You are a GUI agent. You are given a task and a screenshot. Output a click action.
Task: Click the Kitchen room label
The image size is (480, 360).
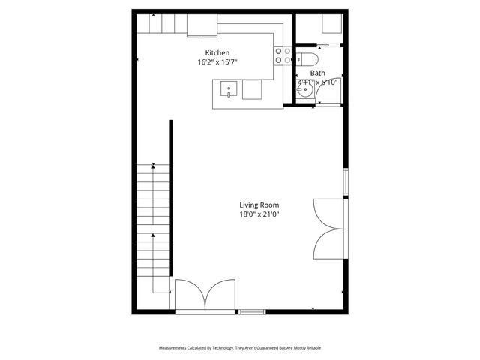point(217,52)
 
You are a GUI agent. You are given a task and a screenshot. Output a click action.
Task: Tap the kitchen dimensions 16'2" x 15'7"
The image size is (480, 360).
point(217,62)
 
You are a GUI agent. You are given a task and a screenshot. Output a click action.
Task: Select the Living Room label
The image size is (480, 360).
point(259,205)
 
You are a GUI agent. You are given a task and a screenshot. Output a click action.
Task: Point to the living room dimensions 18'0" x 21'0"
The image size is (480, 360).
point(259,214)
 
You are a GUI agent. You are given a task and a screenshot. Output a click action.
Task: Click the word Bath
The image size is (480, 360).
point(317,73)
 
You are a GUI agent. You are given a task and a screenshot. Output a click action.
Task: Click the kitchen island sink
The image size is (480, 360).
point(229,91)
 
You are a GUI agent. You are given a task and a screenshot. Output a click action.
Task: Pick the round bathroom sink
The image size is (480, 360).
point(304,91)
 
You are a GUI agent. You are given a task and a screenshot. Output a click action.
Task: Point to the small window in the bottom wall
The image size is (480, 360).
point(252,310)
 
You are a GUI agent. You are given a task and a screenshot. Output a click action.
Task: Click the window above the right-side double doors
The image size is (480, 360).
point(345,182)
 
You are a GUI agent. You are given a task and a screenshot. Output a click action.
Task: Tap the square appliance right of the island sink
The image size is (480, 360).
point(253,90)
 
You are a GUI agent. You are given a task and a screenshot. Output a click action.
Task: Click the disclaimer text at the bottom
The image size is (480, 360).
point(240,348)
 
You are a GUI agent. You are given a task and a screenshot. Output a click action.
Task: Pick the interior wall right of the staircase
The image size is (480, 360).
point(171,202)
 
